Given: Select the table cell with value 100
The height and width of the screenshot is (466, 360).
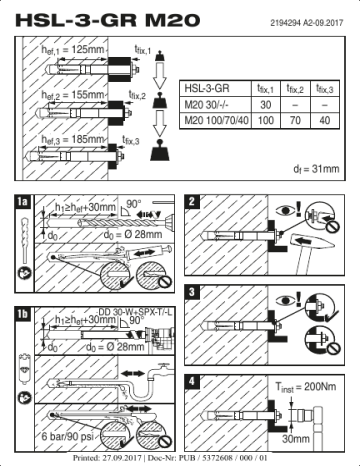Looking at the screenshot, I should point(266,120).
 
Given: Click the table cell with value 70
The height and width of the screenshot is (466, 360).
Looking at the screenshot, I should point(296,120).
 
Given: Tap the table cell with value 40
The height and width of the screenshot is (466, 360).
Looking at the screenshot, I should point(325,120).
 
